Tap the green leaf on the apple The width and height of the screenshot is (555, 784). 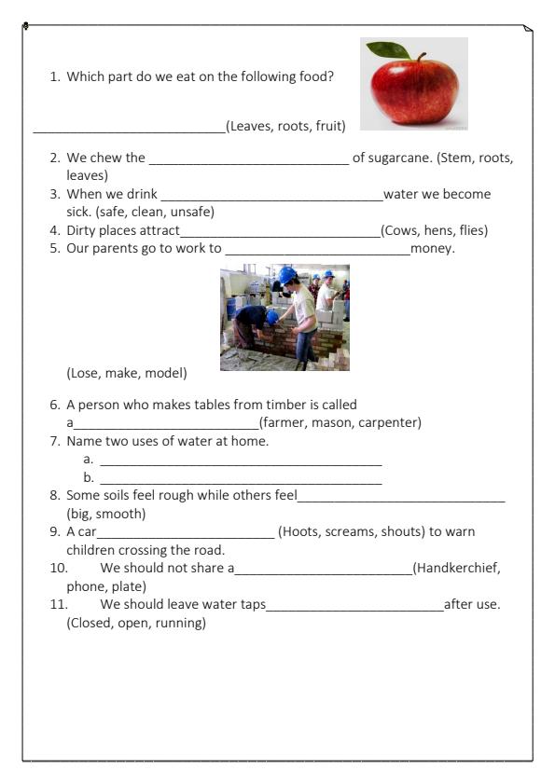coord(387,49)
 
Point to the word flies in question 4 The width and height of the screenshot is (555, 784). coord(467,230)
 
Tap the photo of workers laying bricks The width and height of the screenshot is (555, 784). coord(284,317)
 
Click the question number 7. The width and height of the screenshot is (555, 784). coord(55,441)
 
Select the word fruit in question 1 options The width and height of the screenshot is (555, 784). coord(329,126)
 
